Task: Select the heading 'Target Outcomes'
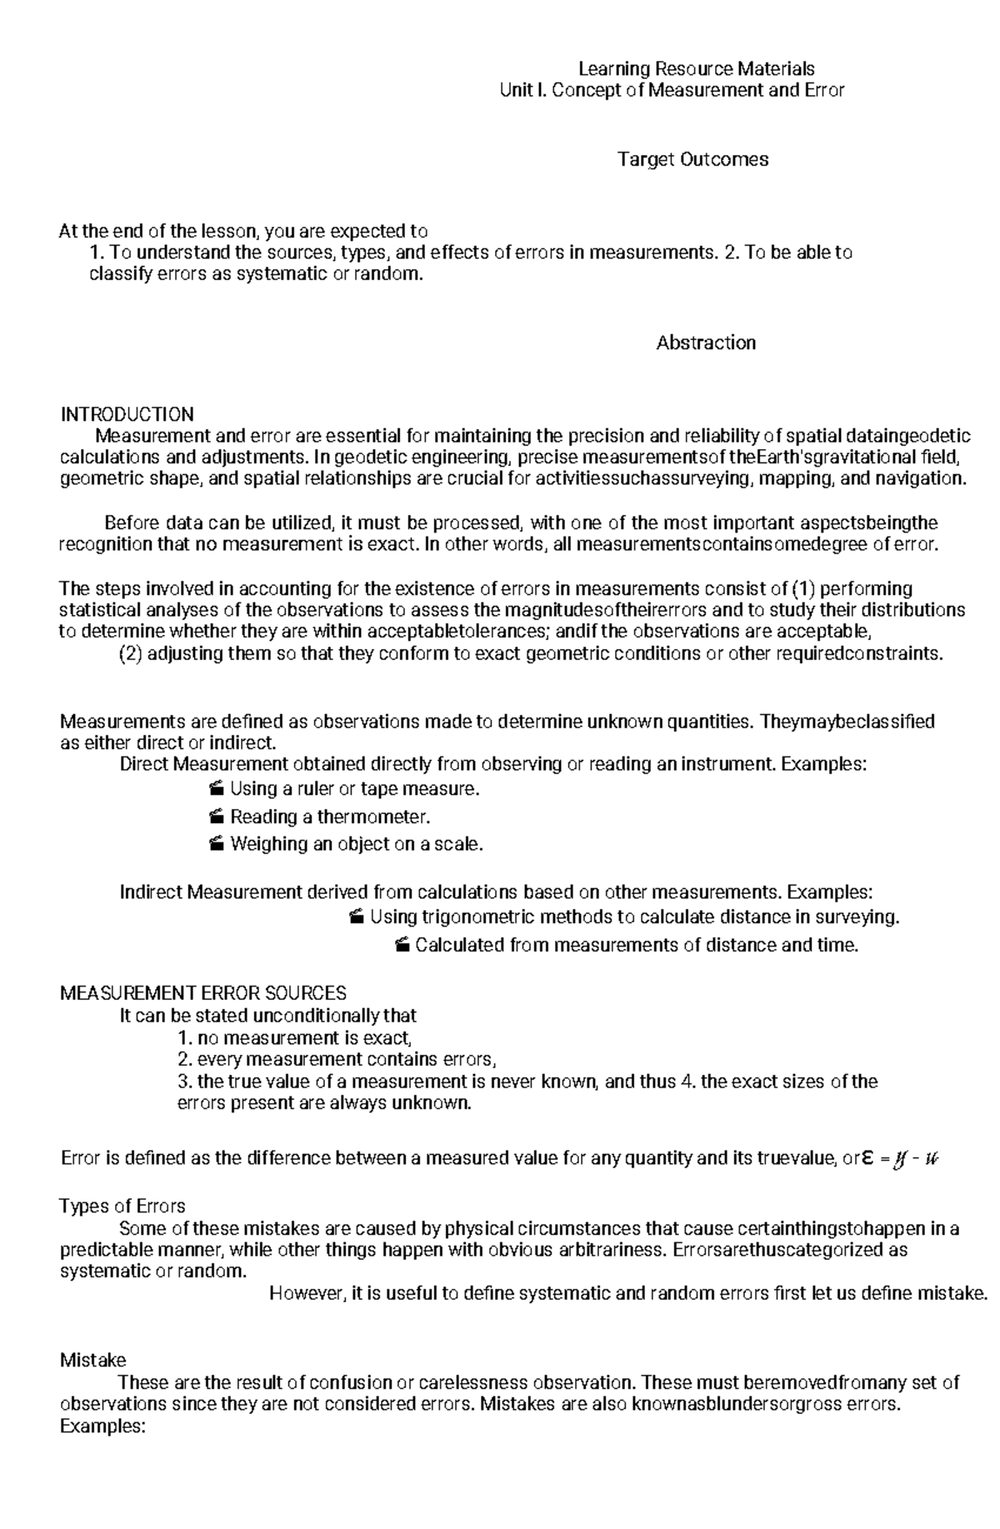[x=692, y=159]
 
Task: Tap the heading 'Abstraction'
[x=706, y=342]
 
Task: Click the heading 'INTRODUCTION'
[x=127, y=414]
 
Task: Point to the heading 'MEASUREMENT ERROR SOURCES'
[x=203, y=993]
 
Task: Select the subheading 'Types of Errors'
[x=122, y=1207]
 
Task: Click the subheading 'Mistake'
[x=92, y=1360]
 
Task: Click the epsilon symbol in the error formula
[x=867, y=1159]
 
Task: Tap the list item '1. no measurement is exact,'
[x=295, y=1038]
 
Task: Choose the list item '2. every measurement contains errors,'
[x=337, y=1060]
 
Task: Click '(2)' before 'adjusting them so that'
[x=131, y=653]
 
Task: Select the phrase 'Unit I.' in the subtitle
[x=523, y=90]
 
